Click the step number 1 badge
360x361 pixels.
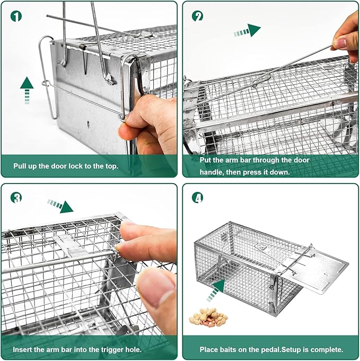point(15,16)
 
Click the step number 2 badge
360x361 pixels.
point(198,16)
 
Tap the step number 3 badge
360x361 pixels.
point(15,198)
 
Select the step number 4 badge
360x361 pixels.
point(198,198)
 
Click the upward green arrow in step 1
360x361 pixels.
point(27,89)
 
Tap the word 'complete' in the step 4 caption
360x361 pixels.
point(327,349)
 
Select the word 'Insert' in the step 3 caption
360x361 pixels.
point(23,349)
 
